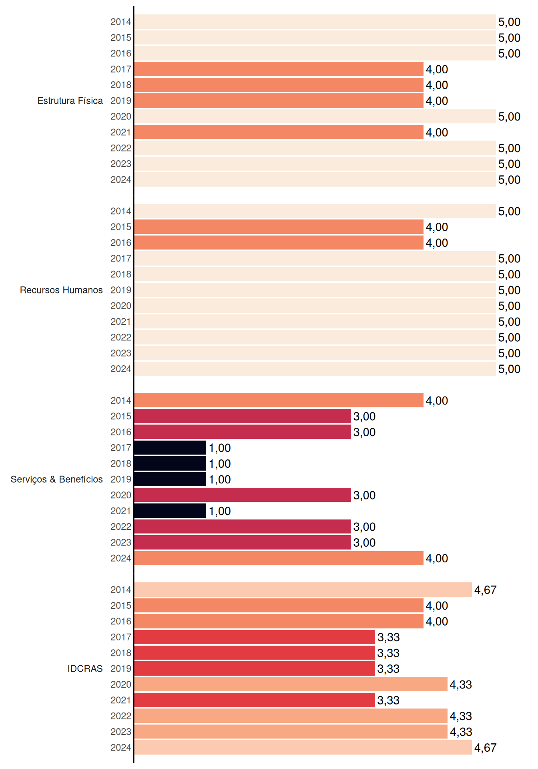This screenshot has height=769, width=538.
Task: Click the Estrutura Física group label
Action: click(70, 101)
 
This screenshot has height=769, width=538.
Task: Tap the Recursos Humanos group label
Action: click(61, 290)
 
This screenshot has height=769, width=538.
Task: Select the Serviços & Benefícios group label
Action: click(56, 479)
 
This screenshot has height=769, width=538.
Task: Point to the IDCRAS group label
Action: click(85, 668)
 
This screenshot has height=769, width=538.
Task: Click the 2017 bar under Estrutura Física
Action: click(279, 69)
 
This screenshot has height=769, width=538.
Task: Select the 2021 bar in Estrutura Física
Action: click(279, 132)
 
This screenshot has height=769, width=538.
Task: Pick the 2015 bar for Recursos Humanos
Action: click(279, 227)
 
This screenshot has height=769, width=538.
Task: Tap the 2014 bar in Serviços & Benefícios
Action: click(279, 401)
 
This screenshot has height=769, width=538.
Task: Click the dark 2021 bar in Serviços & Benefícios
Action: click(170, 511)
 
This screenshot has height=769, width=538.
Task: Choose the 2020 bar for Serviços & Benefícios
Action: click(243, 495)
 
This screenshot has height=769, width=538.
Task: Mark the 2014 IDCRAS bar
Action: click(303, 590)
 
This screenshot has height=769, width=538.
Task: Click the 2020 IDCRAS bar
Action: click(291, 684)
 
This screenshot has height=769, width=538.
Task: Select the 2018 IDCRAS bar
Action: click(255, 653)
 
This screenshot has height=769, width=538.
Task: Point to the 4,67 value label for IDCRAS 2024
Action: click(485, 748)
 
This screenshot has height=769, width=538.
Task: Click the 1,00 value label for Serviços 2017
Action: click(220, 448)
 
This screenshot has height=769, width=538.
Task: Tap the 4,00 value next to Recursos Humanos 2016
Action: click(437, 243)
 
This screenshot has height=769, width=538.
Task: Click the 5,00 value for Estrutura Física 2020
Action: click(509, 117)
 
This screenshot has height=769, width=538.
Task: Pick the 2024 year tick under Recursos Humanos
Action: click(121, 369)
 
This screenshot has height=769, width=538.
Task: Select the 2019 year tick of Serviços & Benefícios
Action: click(121, 479)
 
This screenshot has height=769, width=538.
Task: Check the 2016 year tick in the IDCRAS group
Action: click(121, 621)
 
